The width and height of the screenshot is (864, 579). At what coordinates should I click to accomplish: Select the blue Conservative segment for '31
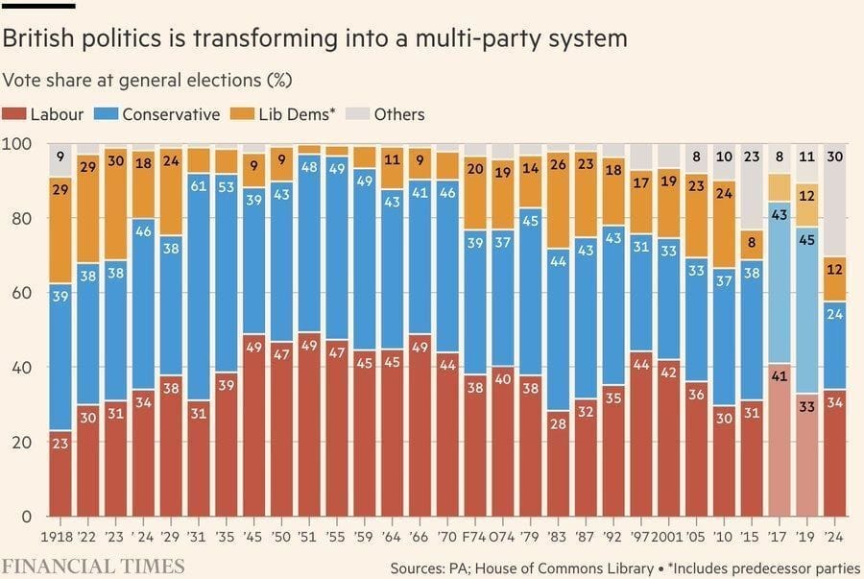pyautogui.click(x=200, y=288)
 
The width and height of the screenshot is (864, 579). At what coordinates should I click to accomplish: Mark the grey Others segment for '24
pyautogui.click(x=835, y=202)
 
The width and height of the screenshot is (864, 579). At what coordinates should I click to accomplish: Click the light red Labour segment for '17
pyautogui.click(x=780, y=442)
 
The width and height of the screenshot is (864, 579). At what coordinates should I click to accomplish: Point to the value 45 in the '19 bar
pyautogui.click(x=807, y=240)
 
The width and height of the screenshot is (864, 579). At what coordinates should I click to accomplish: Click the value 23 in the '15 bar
pyautogui.click(x=752, y=157)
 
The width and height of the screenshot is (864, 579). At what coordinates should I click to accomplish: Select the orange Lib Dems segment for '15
pyautogui.click(x=752, y=244)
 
